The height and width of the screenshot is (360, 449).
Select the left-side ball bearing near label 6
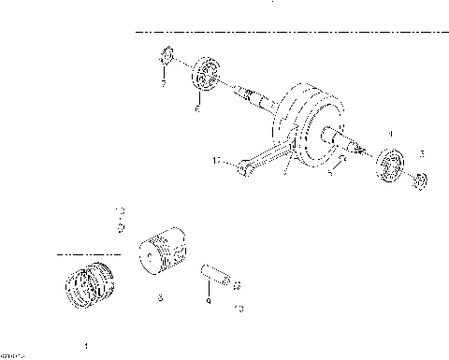(x=205, y=75)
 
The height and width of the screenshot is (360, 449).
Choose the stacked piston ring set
(x=92, y=283)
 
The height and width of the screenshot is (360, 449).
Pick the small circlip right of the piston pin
(x=236, y=285)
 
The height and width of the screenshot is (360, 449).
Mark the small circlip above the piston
(x=119, y=225)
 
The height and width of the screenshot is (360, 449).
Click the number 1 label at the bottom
(x=87, y=344)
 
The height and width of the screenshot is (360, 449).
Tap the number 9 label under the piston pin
(x=208, y=302)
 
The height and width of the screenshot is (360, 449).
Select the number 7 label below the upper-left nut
(x=163, y=84)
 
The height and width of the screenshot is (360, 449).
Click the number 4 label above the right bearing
(x=391, y=134)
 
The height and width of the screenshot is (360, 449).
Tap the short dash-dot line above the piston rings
(x=88, y=252)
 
